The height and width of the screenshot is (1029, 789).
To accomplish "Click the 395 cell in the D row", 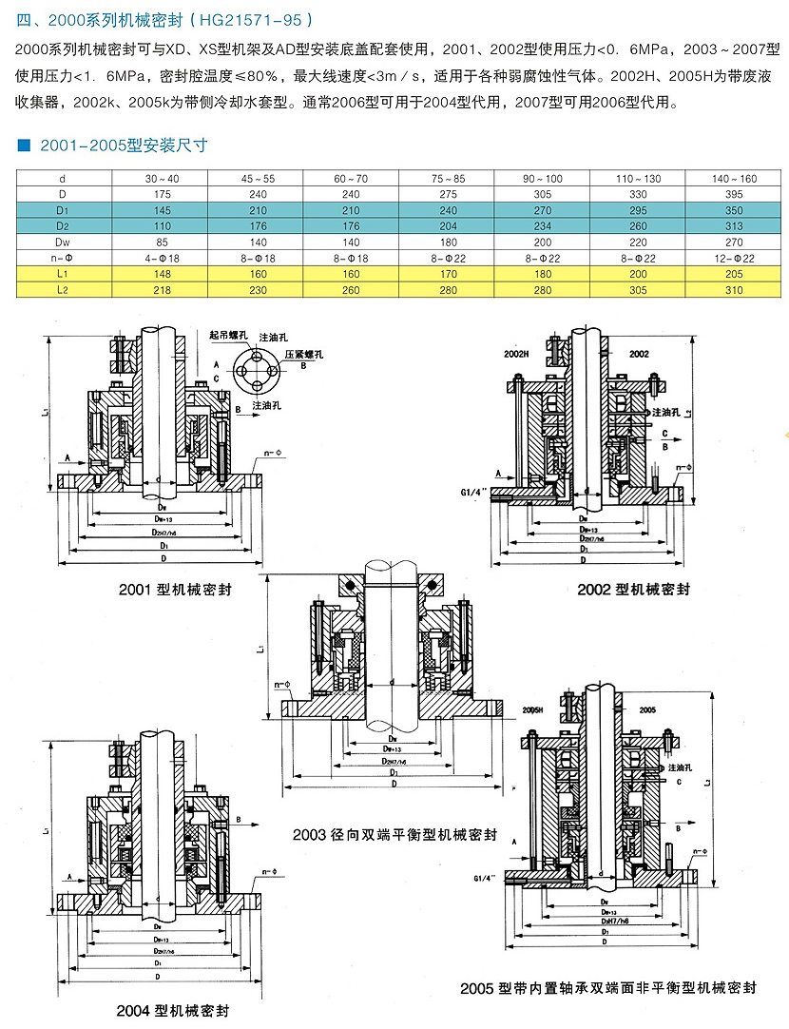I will click(x=734, y=194).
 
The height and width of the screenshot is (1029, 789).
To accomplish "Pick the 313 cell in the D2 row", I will click(x=734, y=225).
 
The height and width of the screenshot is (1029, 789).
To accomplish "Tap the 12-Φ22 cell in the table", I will click(x=734, y=258).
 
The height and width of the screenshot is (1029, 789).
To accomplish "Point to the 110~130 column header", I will click(x=638, y=178).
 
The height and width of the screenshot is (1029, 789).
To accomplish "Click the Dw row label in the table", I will click(x=63, y=242).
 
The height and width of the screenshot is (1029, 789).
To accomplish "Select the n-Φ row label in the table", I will click(x=63, y=258).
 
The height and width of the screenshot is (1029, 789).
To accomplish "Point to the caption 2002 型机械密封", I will click(x=633, y=590).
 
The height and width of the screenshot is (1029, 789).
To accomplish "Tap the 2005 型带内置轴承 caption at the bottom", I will click(x=607, y=988).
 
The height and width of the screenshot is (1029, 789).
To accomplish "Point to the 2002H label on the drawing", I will click(x=517, y=353).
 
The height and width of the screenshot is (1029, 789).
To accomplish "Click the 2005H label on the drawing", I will click(x=532, y=710).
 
